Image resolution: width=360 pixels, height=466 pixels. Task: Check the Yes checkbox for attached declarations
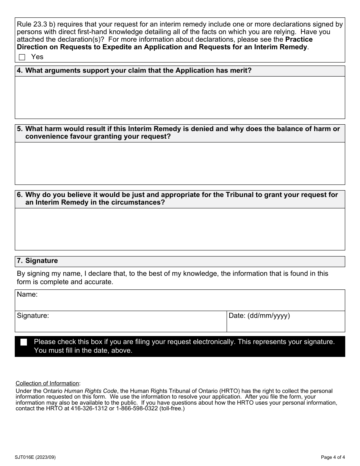coord(22,57)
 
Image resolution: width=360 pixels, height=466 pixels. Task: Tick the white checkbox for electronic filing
coord(24,342)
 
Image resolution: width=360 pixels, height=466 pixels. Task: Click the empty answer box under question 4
coord(180,97)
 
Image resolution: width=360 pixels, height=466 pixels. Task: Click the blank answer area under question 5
coord(180,163)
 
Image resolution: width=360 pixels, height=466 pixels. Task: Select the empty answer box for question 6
coord(180,229)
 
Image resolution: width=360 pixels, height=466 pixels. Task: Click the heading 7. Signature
coord(38,261)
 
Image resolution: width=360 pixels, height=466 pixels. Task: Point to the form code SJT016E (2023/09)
coord(36,457)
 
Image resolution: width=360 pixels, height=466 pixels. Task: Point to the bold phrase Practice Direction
coord(299,39)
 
